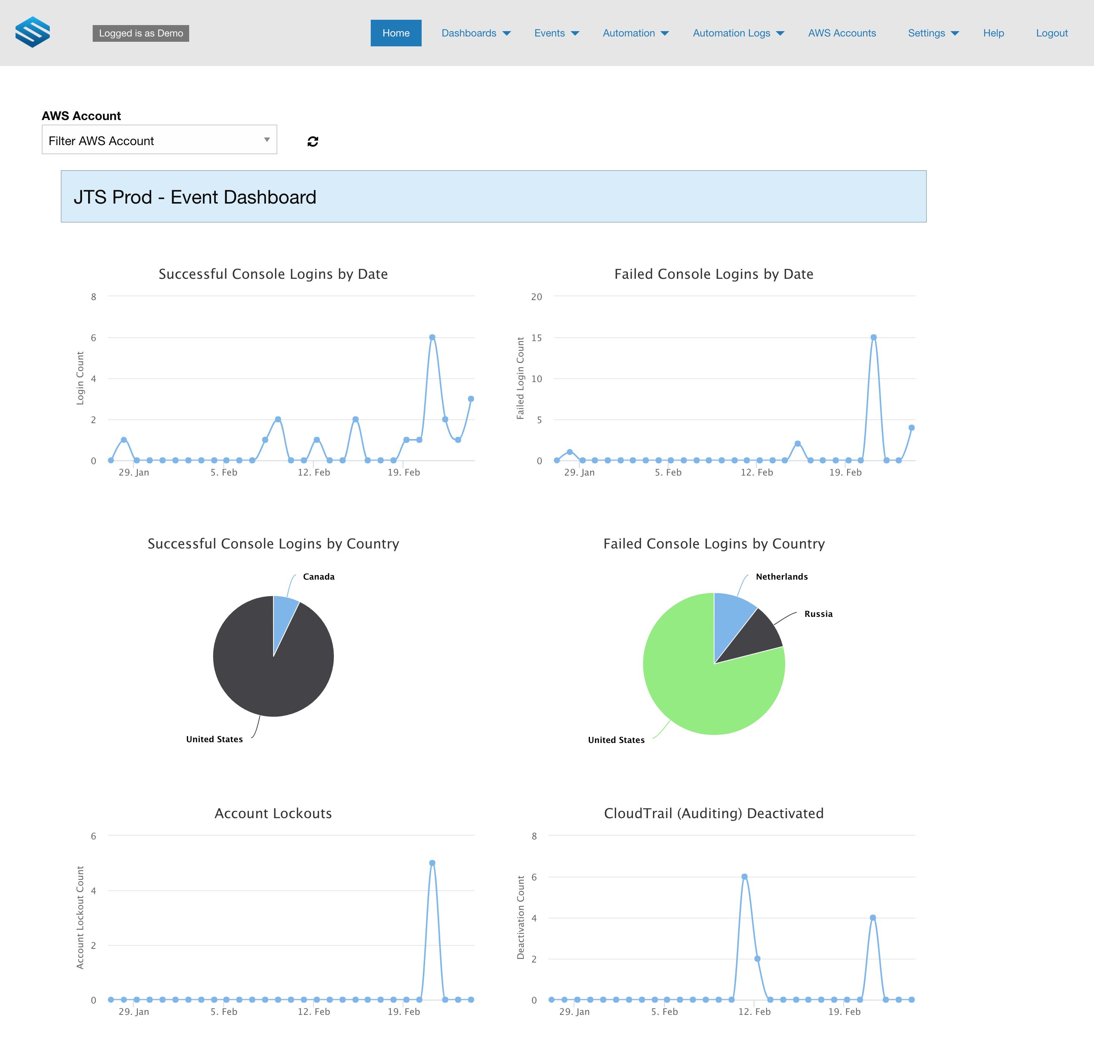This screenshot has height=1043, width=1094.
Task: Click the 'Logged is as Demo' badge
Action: (x=141, y=33)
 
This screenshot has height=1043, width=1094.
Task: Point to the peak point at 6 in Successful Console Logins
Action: (x=432, y=337)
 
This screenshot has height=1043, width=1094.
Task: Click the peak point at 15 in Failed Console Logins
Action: (x=873, y=337)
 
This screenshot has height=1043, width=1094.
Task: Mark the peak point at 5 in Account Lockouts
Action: (x=432, y=863)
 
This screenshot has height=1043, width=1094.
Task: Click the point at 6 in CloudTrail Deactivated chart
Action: (x=745, y=877)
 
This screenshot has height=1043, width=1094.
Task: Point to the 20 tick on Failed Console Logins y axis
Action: (x=536, y=297)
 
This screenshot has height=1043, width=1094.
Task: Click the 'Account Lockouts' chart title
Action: (x=273, y=813)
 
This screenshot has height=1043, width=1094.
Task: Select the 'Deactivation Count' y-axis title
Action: (x=520, y=917)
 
